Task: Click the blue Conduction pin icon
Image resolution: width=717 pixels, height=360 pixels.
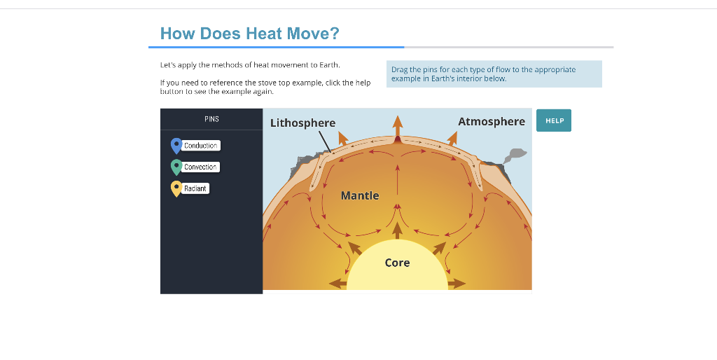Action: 176,145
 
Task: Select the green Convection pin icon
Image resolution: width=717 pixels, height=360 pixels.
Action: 176,167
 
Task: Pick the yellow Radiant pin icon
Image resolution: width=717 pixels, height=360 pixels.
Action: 176,188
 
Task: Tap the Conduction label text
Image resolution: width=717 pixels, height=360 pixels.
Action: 201,146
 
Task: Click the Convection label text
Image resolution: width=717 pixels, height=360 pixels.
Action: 201,167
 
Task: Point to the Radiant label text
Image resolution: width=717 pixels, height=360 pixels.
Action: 195,188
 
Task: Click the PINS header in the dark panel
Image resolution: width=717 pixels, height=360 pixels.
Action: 211,119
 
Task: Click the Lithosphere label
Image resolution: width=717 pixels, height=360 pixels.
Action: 302,123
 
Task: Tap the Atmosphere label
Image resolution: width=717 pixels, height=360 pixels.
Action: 491,121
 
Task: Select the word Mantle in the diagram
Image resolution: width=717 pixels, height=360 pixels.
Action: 360,195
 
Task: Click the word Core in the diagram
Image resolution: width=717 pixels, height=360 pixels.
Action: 397,263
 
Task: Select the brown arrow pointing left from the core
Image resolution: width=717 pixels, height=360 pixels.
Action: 337,284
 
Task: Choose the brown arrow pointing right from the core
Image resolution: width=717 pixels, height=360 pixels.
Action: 457,284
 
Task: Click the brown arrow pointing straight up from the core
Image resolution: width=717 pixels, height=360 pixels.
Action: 398,230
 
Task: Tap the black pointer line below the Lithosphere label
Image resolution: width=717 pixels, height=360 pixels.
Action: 324,141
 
